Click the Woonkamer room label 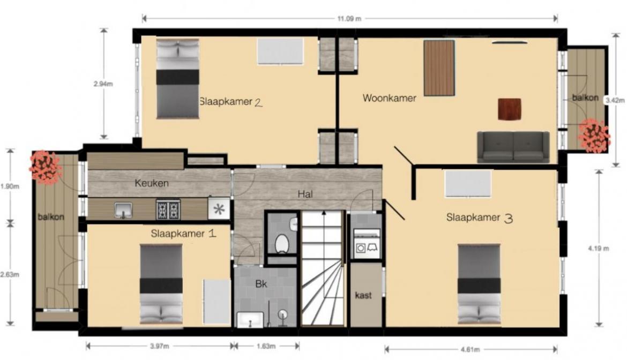click(389, 98)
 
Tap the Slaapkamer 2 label click(231, 102)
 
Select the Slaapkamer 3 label click(480, 217)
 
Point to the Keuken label click(152, 183)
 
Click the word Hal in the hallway click(305, 194)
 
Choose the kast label click(363, 295)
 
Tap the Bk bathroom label click(261, 284)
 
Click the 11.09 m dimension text click(349, 18)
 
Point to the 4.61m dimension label click(470, 350)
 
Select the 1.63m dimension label click(266, 346)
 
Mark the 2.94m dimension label click(103, 84)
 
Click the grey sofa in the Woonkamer click(513, 147)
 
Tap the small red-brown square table click(510, 109)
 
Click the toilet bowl click(282, 243)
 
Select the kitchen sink click(123, 210)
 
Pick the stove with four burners click(168, 209)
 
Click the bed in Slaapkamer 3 click(479, 284)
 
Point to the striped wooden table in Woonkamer click(439, 68)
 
